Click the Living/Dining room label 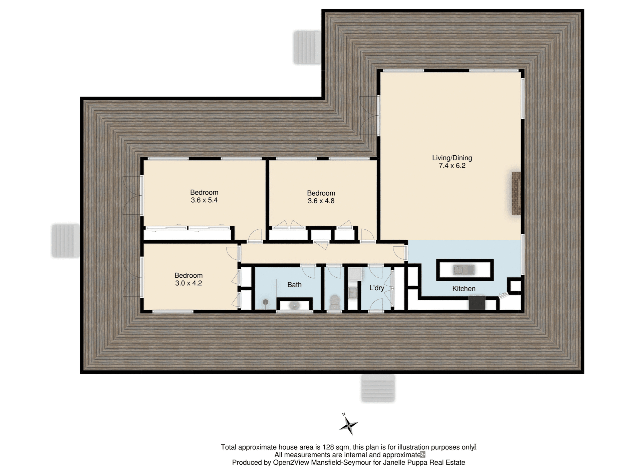point(452,158)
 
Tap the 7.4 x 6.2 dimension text point(452,166)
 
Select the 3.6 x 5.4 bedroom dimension point(204,200)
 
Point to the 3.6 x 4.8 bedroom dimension point(321,201)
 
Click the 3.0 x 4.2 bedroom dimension point(188,283)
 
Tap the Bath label point(294,285)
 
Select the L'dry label point(376,288)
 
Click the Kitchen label point(463,289)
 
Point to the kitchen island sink point(458,270)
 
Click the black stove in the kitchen point(477,303)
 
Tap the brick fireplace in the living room point(516,194)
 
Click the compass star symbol point(348,425)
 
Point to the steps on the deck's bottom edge point(378,388)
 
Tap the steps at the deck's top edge point(307,47)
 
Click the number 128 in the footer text point(328,447)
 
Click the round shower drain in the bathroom point(265,302)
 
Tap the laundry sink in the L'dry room point(352,293)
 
